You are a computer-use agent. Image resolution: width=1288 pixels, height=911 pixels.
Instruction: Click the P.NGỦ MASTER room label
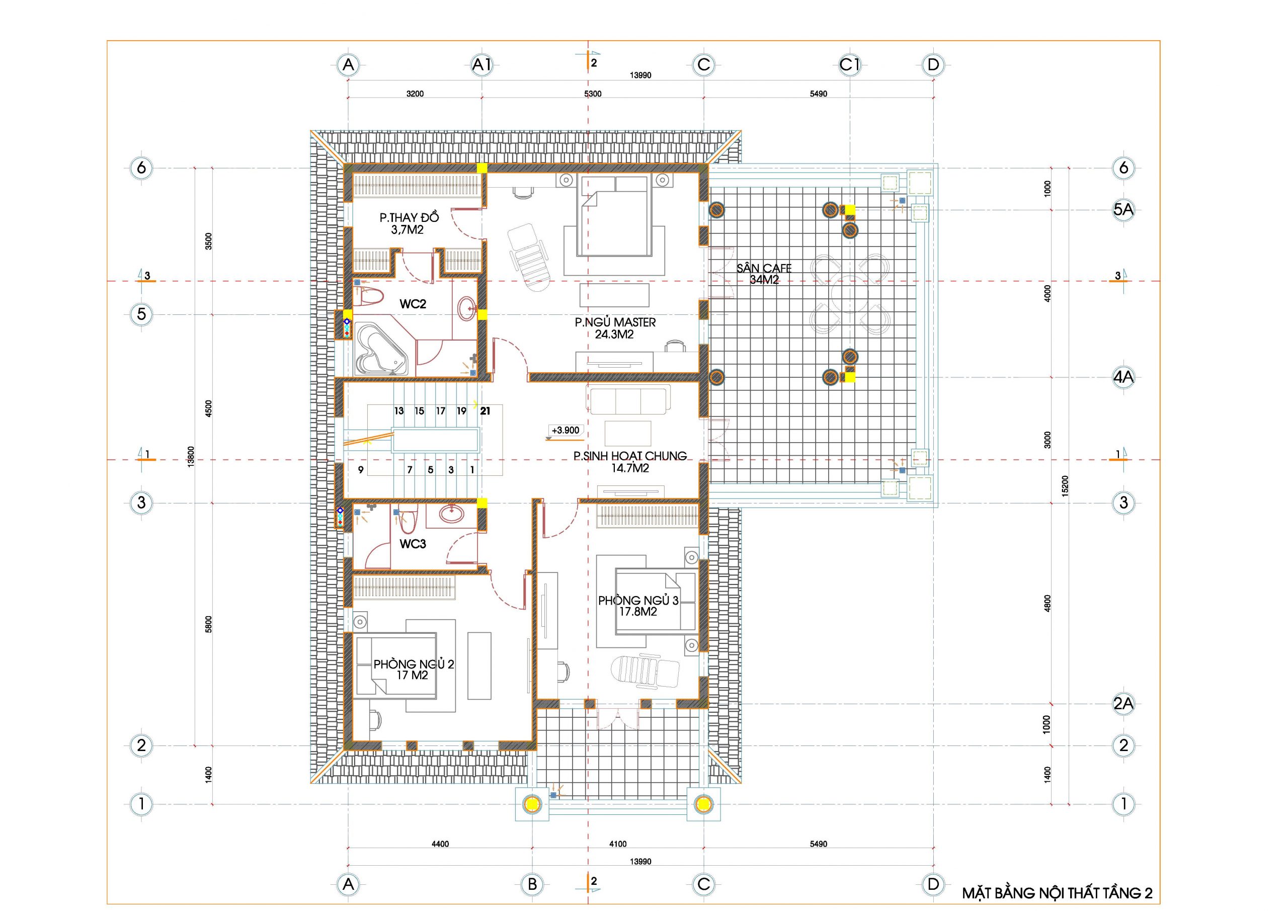615,322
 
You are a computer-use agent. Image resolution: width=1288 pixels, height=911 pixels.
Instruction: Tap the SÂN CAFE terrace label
764,269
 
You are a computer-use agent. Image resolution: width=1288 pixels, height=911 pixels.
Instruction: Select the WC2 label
413,304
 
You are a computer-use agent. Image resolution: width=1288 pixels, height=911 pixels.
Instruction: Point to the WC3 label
413,544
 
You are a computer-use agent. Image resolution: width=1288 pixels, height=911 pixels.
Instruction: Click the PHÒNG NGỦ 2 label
414,664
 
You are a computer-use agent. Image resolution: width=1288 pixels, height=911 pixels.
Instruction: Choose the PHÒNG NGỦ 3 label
638,600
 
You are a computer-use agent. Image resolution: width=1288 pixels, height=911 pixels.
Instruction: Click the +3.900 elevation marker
566,430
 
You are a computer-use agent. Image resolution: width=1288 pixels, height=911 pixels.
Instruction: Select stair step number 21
485,410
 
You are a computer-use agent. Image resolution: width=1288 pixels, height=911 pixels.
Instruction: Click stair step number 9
361,469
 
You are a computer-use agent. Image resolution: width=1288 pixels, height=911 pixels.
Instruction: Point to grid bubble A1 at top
482,65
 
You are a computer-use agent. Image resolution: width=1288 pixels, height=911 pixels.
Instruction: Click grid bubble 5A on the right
1123,210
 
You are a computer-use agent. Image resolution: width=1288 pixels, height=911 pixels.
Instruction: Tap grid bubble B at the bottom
532,885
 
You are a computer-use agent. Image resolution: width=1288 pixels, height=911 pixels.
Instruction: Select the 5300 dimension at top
593,94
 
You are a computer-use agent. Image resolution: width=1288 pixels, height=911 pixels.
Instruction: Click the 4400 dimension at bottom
440,844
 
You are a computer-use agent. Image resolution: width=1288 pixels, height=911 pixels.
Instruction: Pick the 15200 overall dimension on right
1065,485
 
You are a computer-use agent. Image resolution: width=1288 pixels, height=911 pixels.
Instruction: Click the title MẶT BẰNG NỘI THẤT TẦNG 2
1058,893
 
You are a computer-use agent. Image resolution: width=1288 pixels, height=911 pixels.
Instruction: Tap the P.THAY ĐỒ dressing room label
409,218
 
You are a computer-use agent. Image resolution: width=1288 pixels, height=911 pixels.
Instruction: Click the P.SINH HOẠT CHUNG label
630,456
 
